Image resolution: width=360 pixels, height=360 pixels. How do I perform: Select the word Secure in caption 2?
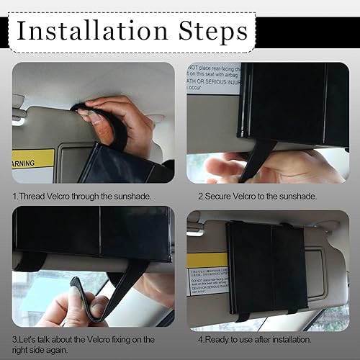(x=222, y=195)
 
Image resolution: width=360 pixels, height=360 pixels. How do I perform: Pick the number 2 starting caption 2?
(x=201, y=195)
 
